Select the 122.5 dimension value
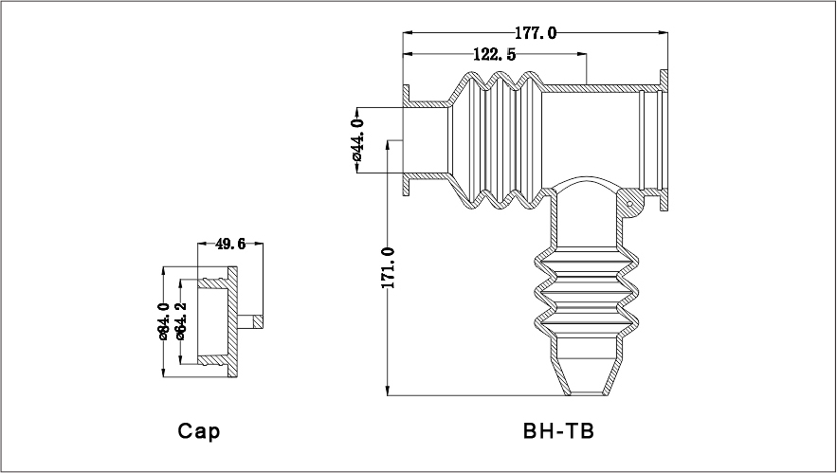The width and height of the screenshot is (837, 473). pyautogui.click(x=494, y=55)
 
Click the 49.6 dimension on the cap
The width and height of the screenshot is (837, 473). pyautogui.click(x=230, y=244)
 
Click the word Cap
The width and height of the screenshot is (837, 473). pyautogui.click(x=199, y=431)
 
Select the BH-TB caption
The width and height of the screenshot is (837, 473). pyautogui.click(x=558, y=431)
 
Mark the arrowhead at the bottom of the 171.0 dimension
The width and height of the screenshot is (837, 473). pyautogui.click(x=388, y=391)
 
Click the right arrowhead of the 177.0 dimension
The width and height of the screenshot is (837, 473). pyautogui.click(x=664, y=33)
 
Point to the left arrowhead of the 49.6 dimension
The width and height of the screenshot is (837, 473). pyautogui.click(x=202, y=245)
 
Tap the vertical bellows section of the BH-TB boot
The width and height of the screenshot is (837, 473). pyautogui.click(x=580, y=294)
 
